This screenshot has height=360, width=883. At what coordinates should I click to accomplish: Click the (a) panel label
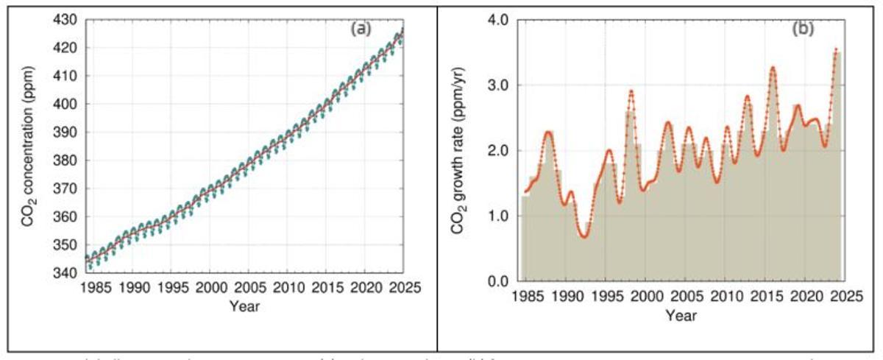click(x=361, y=29)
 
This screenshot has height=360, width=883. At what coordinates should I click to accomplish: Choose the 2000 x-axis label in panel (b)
click(x=647, y=296)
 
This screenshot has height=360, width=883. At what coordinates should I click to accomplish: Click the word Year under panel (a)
click(x=243, y=305)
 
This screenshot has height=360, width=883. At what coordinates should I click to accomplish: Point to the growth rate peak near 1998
click(x=631, y=91)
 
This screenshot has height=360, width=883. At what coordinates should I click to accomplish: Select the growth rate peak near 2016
click(x=773, y=68)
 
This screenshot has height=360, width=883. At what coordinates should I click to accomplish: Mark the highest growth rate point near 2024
click(x=836, y=49)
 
